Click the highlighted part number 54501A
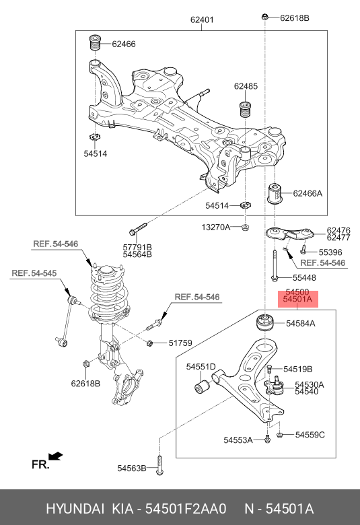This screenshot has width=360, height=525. click(297, 301)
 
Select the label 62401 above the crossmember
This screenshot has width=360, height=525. click(202, 20)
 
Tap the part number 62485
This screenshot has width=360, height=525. click(246, 86)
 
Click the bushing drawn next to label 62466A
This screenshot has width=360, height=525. click(276, 194)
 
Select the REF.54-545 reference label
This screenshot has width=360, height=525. click(34, 273)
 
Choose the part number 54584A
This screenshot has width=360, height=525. click(300, 324)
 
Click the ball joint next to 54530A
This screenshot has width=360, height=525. click(275, 386)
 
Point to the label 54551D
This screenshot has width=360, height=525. click(201, 367)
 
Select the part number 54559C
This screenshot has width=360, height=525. click(310, 435)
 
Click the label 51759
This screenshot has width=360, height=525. click(180, 343)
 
